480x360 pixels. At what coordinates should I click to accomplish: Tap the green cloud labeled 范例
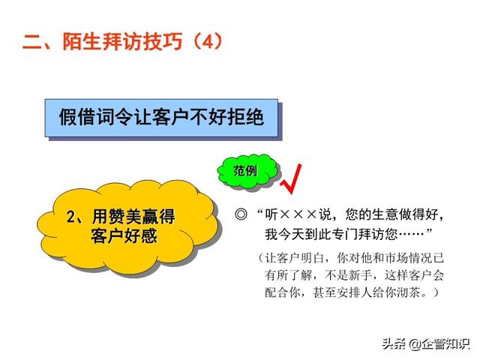247,171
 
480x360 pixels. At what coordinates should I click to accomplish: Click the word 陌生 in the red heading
82,41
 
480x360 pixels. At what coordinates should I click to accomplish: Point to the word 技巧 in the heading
162,41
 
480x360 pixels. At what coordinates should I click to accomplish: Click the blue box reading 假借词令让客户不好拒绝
161,118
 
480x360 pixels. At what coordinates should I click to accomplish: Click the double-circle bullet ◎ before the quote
241,214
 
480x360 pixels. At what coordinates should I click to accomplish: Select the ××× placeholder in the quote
298,214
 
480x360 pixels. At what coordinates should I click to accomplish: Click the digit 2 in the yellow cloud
70,217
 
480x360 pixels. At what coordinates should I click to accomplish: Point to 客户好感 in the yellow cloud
124,235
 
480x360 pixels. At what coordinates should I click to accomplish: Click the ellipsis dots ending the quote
412,234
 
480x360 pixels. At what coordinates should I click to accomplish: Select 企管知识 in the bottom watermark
445,343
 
